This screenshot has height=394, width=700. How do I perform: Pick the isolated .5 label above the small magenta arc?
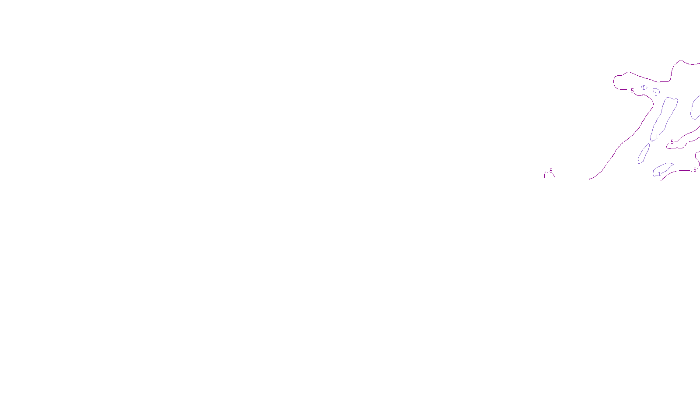(x=550, y=171)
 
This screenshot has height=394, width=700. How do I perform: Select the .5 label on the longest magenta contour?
(x=632, y=91)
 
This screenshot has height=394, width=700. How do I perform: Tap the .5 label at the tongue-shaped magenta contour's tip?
(x=672, y=142)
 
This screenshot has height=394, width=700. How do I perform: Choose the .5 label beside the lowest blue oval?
(x=694, y=170)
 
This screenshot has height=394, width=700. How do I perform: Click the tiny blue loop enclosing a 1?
(x=644, y=88)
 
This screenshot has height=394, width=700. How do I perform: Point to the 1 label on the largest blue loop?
(x=657, y=137)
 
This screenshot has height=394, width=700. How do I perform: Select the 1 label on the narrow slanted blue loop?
(x=639, y=162)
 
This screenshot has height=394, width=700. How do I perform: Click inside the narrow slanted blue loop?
(x=644, y=153)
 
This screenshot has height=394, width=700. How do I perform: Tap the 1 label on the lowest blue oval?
(x=659, y=174)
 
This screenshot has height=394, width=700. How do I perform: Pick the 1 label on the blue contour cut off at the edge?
(x=692, y=109)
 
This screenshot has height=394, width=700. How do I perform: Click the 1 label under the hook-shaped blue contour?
(x=655, y=94)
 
